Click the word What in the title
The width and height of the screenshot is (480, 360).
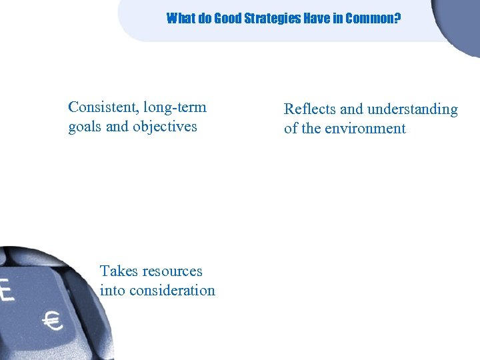click(180, 18)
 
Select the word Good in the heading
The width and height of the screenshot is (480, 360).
click(225, 18)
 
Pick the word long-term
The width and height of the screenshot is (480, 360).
click(175, 107)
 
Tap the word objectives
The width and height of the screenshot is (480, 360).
click(165, 127)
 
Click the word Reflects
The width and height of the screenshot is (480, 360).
click(309, 109)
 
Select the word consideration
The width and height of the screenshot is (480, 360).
click(173, 291)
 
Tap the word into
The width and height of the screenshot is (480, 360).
click(113, 291)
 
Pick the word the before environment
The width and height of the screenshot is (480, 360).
click(311, 129)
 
